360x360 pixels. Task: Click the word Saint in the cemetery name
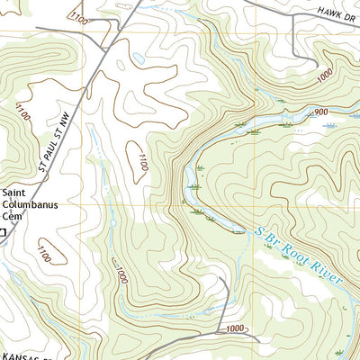pos(15,192)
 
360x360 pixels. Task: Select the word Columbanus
pos(30,204)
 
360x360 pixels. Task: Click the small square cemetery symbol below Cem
pos(3,232)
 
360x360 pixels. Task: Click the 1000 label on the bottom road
pos(235,328)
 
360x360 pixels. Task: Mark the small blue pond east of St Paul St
pos(137,58)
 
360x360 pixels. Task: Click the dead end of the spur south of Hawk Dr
pos(314,63)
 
